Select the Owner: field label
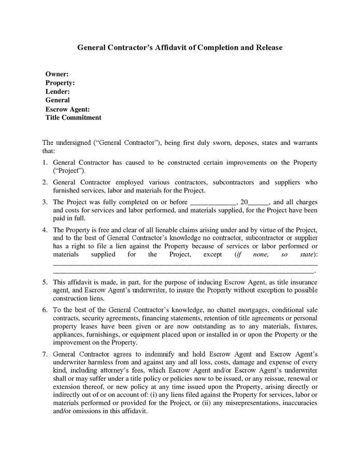[x=57, y=74]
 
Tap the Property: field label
[x=60, y=83]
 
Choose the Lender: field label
[x=57, y=92]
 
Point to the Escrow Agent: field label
[x=68, y=109]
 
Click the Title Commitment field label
[x=74, y=118]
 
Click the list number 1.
[x=45, y=163]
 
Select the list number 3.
[x=45, y=202]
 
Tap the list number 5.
[x=45, y=282]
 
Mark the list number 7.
[x=45, y=354]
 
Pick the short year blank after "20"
[x=259, y=202]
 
